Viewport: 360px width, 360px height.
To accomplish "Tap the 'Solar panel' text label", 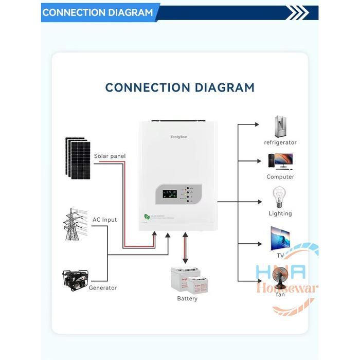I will (x=110, y=156).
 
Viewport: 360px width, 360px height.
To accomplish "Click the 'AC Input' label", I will (x=104, y=220).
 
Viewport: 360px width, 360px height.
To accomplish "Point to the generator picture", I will (x=76, y=281).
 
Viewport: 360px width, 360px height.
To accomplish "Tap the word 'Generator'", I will (x=103, y=288).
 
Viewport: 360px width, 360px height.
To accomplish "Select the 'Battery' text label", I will (x=187, y=299).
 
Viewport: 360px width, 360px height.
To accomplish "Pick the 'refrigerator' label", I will (x=280, y=142).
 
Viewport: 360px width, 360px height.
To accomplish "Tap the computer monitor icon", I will (x=280, y=161).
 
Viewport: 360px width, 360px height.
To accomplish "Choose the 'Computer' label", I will (x=280, y=177).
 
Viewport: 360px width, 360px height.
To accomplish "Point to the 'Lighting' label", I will (x=280, y=213).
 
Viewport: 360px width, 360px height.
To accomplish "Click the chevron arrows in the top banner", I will (x=298, y=13).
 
